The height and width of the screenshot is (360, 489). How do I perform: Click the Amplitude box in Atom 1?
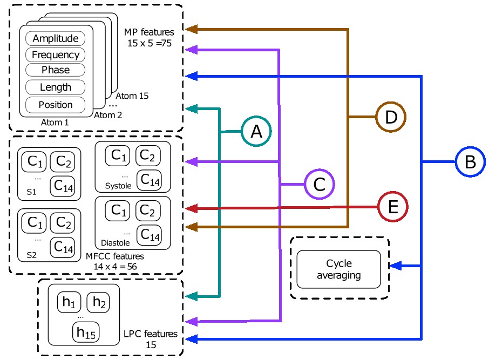click(x=55, y=38)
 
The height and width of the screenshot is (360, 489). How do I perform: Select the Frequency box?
click(x=55, y=55)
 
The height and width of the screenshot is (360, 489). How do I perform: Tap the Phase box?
click(x=55, y=70)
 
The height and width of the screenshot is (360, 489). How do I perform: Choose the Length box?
click(x=55, y=87)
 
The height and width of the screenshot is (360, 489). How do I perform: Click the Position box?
click(x=55, y=105)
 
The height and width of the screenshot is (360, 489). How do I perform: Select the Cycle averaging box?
click(x=338, y=269)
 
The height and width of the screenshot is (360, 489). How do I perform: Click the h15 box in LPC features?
click(x=86, y=332)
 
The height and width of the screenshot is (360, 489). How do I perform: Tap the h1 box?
click(x=69, y=302)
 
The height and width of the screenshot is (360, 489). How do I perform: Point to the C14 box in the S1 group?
click(x=63, y=186)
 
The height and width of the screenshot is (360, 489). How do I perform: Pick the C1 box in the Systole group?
click(x=118, y=155)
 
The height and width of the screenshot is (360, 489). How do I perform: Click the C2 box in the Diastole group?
click(x=148, y=210)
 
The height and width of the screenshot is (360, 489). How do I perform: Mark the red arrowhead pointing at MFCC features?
click(x=192, y=208)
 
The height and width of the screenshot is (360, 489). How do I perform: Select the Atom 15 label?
click(x=132, y=96)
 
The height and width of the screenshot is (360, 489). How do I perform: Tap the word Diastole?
click(x=115, y=243)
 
